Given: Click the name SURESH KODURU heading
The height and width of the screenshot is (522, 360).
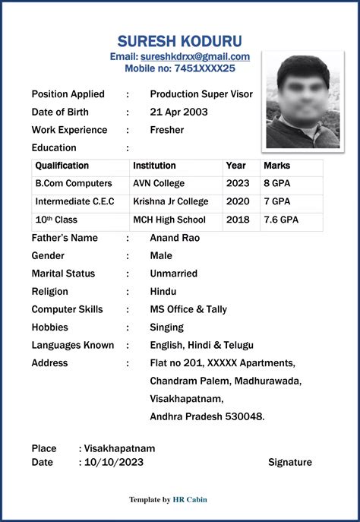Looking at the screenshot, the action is click(x=179, y=40).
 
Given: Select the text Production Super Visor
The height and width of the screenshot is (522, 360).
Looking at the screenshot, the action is click(x=201, y=94).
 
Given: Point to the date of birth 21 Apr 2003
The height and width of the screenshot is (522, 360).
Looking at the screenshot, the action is click(x=179, y=112).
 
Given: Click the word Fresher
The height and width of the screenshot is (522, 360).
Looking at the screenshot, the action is click(x=167, y=130).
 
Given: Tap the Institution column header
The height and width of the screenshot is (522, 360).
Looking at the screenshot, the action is click(x=154, y=166).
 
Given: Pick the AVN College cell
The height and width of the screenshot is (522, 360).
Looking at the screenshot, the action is click(x=159, y=183).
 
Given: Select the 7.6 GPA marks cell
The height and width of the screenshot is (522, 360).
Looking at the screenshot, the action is click(x=281, y=220).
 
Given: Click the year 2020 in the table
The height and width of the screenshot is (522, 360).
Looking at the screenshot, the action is click(x=238, y=201).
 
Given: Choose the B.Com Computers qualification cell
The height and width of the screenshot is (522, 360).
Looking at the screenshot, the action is click(x=74, y=183).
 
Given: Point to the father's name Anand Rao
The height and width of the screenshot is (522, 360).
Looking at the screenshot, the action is click(x=175, y=238).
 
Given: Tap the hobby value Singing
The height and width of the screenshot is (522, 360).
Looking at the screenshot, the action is click(x=167, y=327).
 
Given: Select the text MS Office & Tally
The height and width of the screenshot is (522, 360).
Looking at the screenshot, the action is click(x=188, y=309).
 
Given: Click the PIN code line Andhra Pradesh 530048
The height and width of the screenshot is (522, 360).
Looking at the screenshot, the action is click(x=207, y=416).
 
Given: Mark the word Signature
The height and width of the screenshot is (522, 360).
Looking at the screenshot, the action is click(x=290, y=462).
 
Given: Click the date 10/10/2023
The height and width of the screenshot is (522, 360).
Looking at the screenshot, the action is click(x=114, y=462).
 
